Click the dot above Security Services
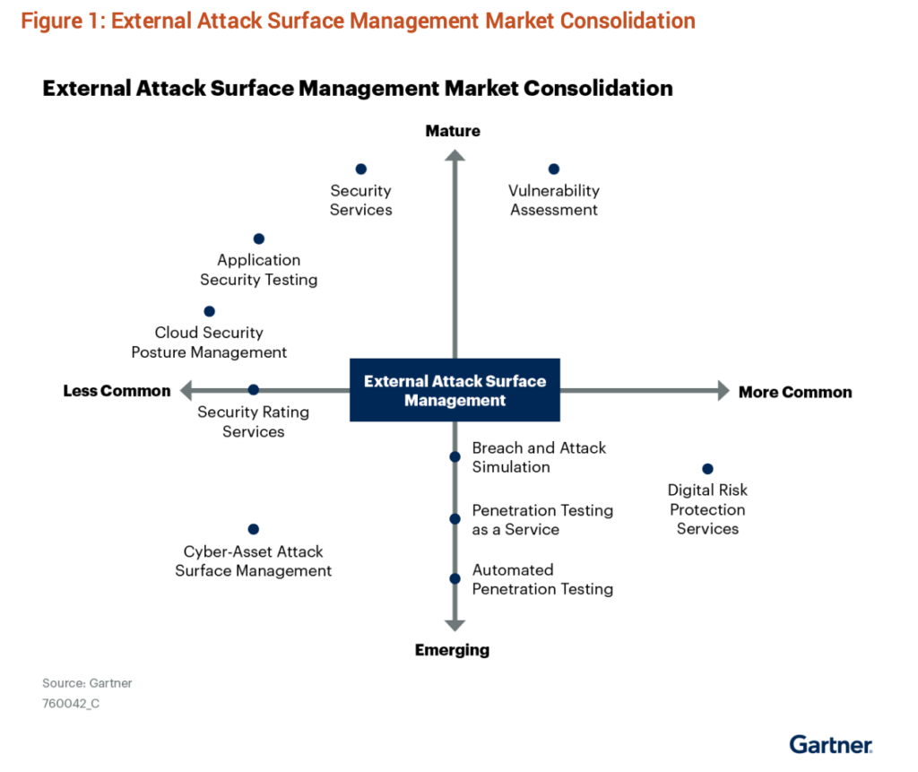(x=361, y=169)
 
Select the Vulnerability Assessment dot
(x=553, y=169)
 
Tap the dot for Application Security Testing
(x=259, y=239)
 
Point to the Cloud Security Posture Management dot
(x=210, y=311)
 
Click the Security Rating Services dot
(x=254, y=389)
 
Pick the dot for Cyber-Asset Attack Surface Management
(x=254, y=529)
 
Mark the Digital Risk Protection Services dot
(x=707, y=469)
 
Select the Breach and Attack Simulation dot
(x=455, y=456)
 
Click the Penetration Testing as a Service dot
(x=455, y=518)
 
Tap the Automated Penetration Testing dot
(x=455, y=578)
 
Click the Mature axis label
(x=453, y=131)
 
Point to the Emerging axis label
(x=452, y=650)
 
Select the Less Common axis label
(x=117, y=391)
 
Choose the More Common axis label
(x=795, y=392)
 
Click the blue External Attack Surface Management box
(x=455, y=391)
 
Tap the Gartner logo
(x=831, y=744)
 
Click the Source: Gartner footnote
(x=87, y=683)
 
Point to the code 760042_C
(x=71, y=704)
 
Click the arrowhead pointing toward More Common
(x=722, y=390)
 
